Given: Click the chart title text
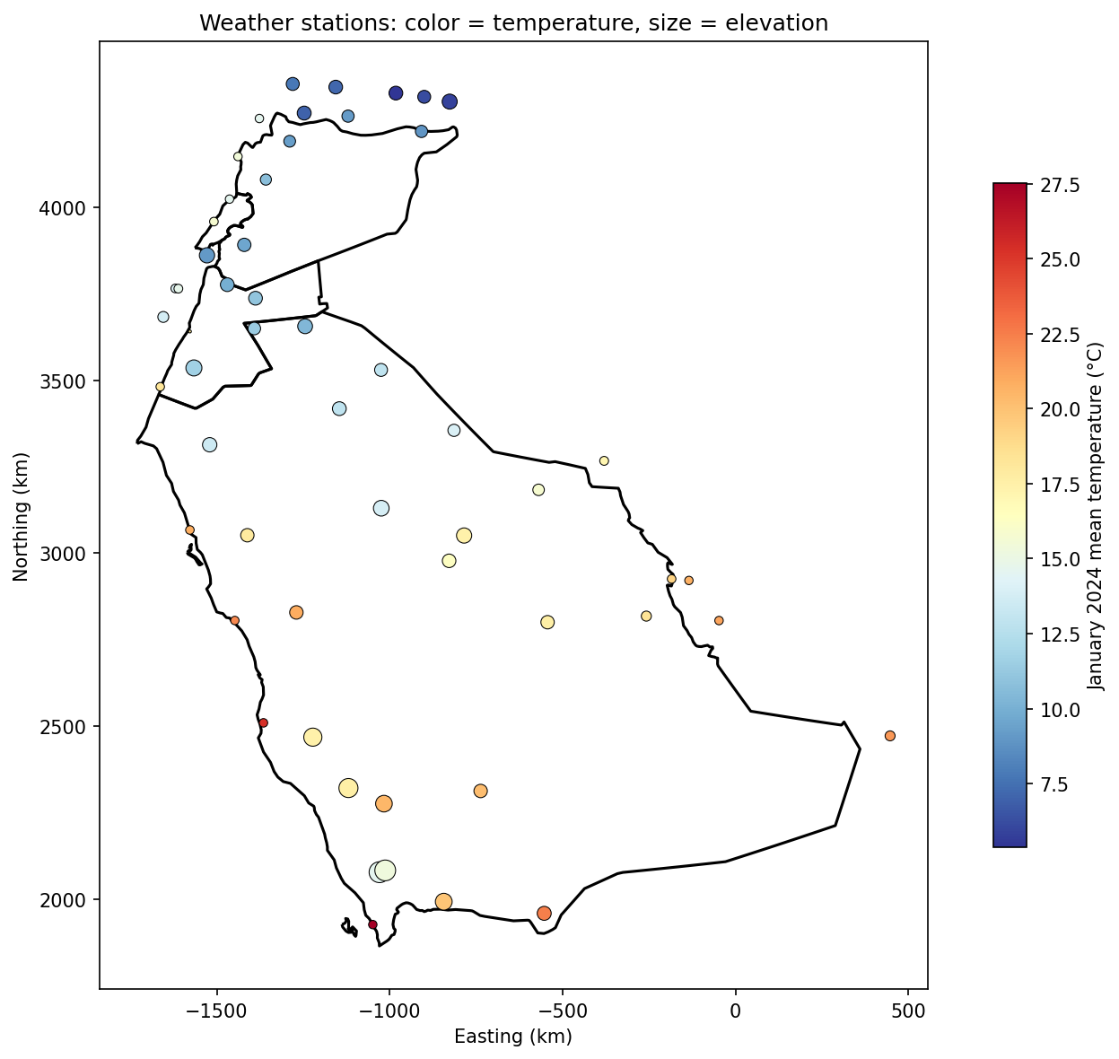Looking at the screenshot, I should pos(513,23).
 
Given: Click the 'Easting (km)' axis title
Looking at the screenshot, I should pos(513,1037).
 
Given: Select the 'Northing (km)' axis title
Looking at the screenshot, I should pos(22,516).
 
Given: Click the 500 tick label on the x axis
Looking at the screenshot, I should pos(908,1011).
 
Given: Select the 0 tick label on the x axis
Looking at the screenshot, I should pos(735,1011).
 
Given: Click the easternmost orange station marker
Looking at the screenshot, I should pos(890,736).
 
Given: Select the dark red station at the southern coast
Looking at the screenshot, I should pos(372,924).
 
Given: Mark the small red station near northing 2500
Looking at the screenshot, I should pos(264,722).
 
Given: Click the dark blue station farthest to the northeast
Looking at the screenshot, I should pos(450,101).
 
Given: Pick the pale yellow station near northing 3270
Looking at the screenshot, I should pos(604,460).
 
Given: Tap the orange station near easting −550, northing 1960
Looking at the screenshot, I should pos(544,913).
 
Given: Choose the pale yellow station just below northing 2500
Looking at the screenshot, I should pos(312,737).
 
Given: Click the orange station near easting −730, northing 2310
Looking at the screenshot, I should pos(480,791).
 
